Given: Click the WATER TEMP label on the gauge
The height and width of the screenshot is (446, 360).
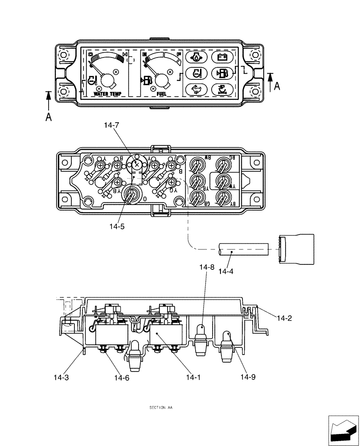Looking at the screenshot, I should (110, 95).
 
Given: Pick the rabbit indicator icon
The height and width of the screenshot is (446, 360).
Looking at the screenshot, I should (195, 88).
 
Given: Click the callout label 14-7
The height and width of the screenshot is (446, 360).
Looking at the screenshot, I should (111, 126).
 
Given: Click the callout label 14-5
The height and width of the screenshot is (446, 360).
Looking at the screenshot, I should (117, 227).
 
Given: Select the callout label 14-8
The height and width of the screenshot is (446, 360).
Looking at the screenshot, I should (207, 268).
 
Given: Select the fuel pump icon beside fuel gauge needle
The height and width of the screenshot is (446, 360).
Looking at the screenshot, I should (147, 80).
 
